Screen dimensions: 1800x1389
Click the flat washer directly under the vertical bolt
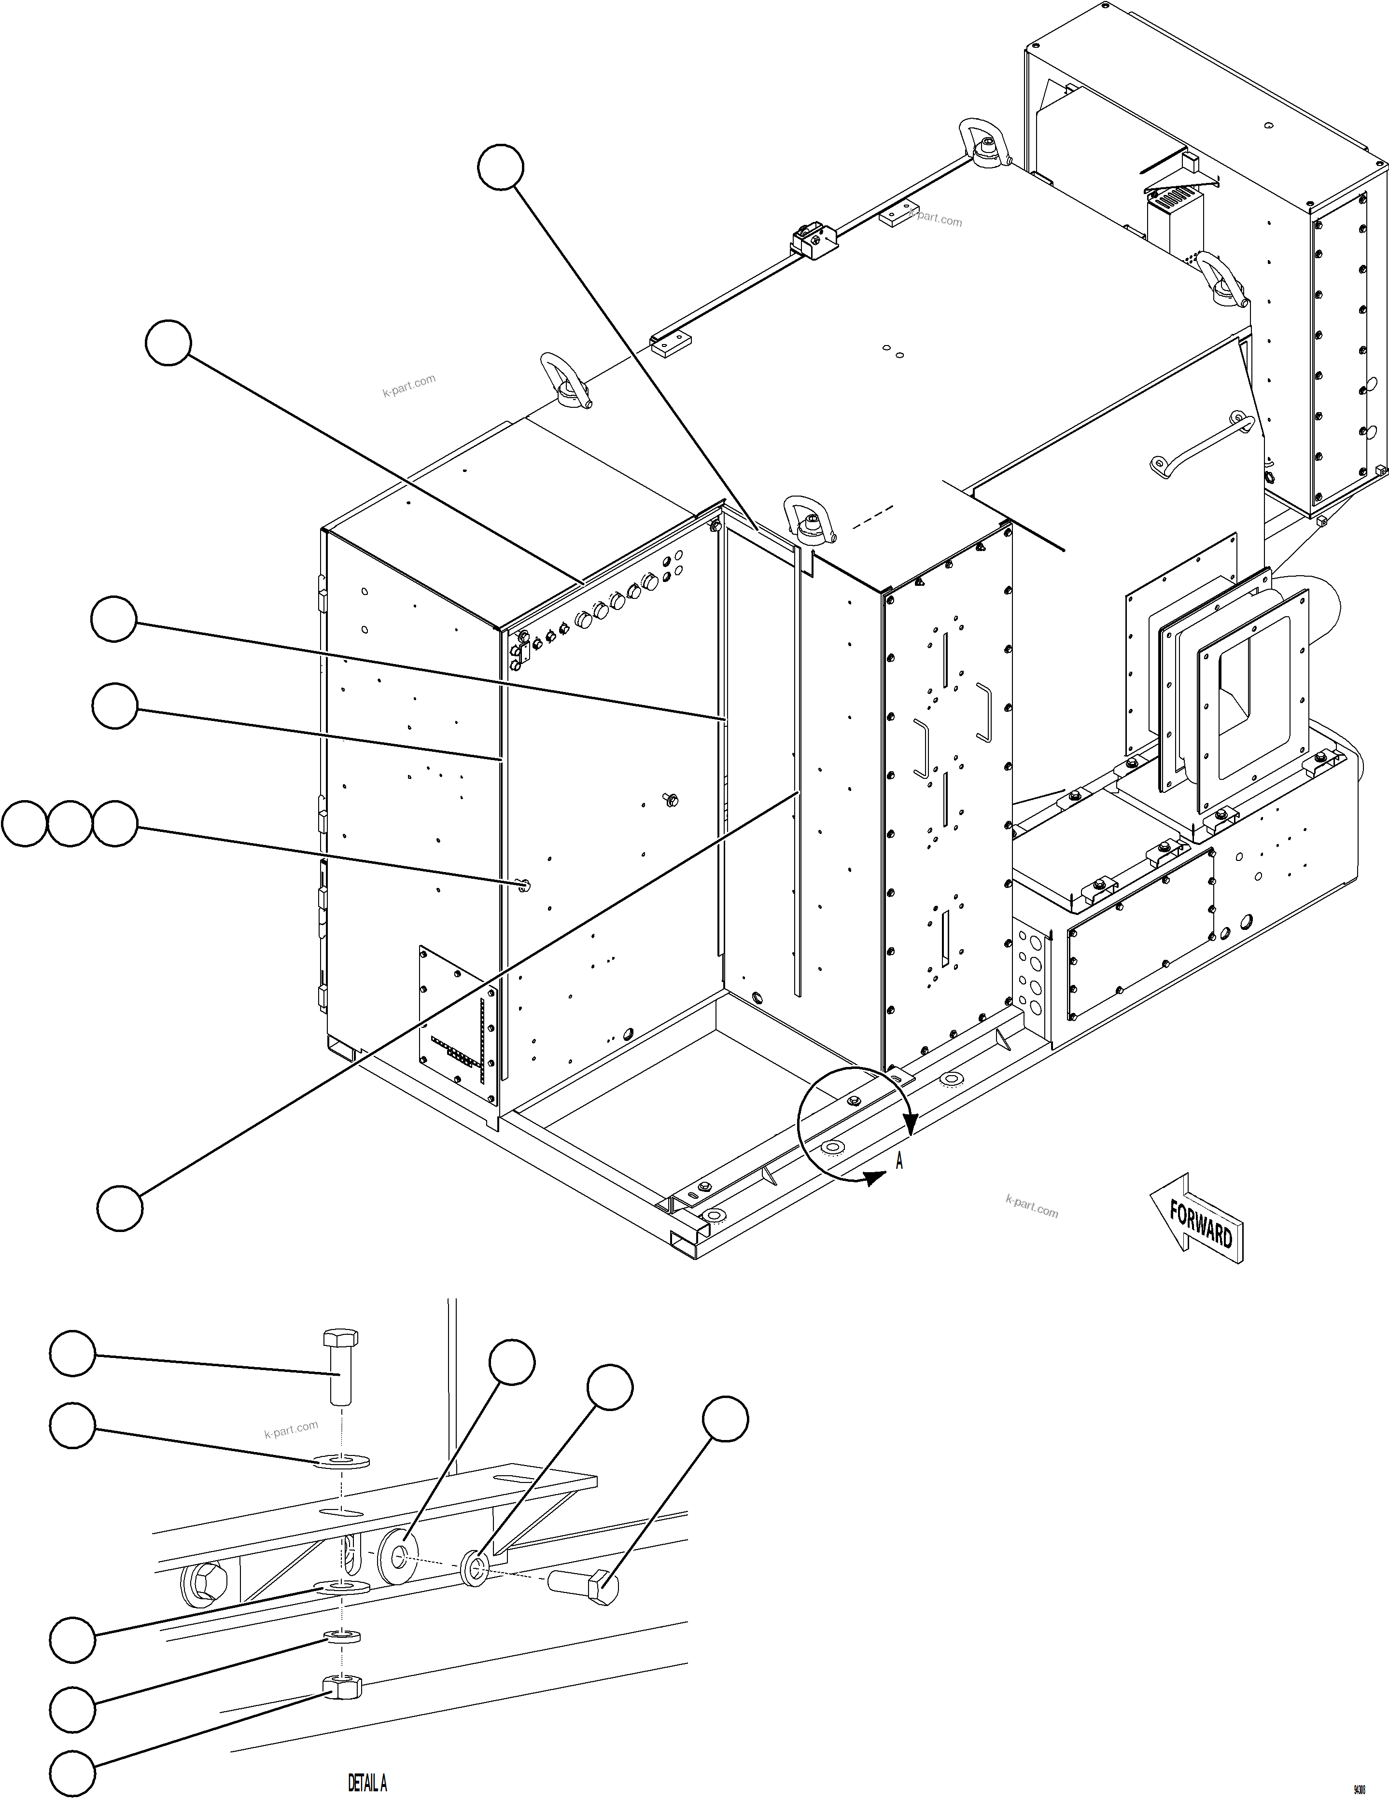point(341,1462)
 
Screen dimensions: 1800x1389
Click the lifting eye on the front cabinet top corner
point(810,519)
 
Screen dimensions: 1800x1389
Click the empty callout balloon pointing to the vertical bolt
point(72,1353)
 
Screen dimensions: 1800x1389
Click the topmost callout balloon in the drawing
point(500,168)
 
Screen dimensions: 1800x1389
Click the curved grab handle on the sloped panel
point(1204,445)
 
